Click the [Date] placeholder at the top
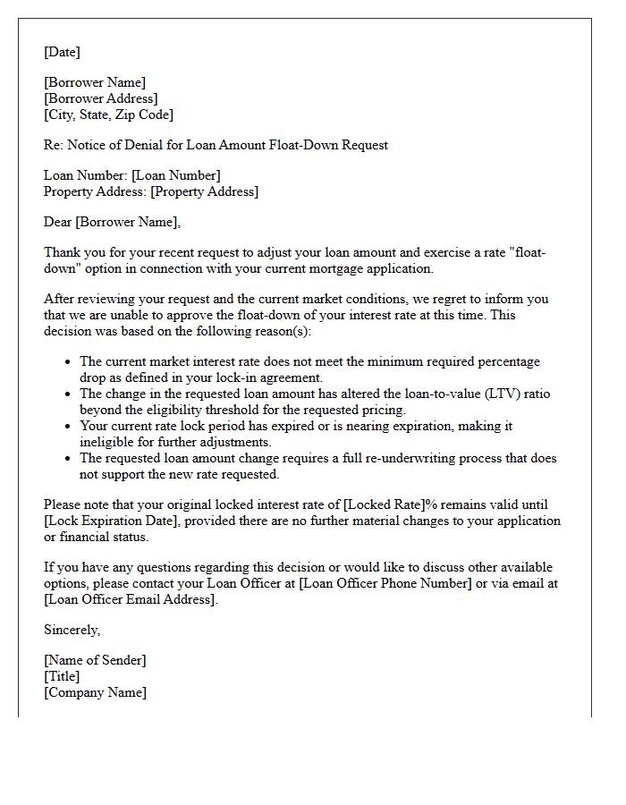[x=62, y=52]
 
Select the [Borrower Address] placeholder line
[x=101, y=98]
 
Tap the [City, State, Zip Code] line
[x=108, y=114]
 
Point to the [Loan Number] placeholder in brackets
[x=176, y=175]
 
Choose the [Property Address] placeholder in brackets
[x=204, y=191]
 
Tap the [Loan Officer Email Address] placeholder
[x=131, y=599]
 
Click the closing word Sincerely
[x=72, y=630]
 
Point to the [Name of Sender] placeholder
[x=95, y=660]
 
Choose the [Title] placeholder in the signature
[x=62, y=676]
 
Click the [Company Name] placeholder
[x=95, y=692]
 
